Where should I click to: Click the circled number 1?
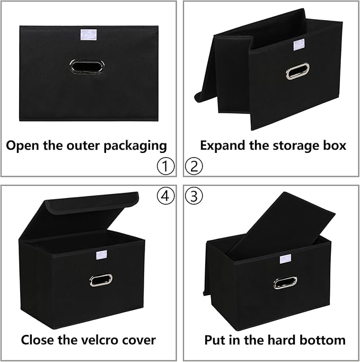[165, 167]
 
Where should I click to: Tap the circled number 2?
[194, 167]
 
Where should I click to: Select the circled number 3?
[194, 196]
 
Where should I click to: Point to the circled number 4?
[165, 196]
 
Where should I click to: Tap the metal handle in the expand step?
[297, 71]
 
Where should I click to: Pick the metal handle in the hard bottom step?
[285, 282]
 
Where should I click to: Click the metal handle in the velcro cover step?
[101, 280]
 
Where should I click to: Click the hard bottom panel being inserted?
[286, 223]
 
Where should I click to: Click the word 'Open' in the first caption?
[21, 145]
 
